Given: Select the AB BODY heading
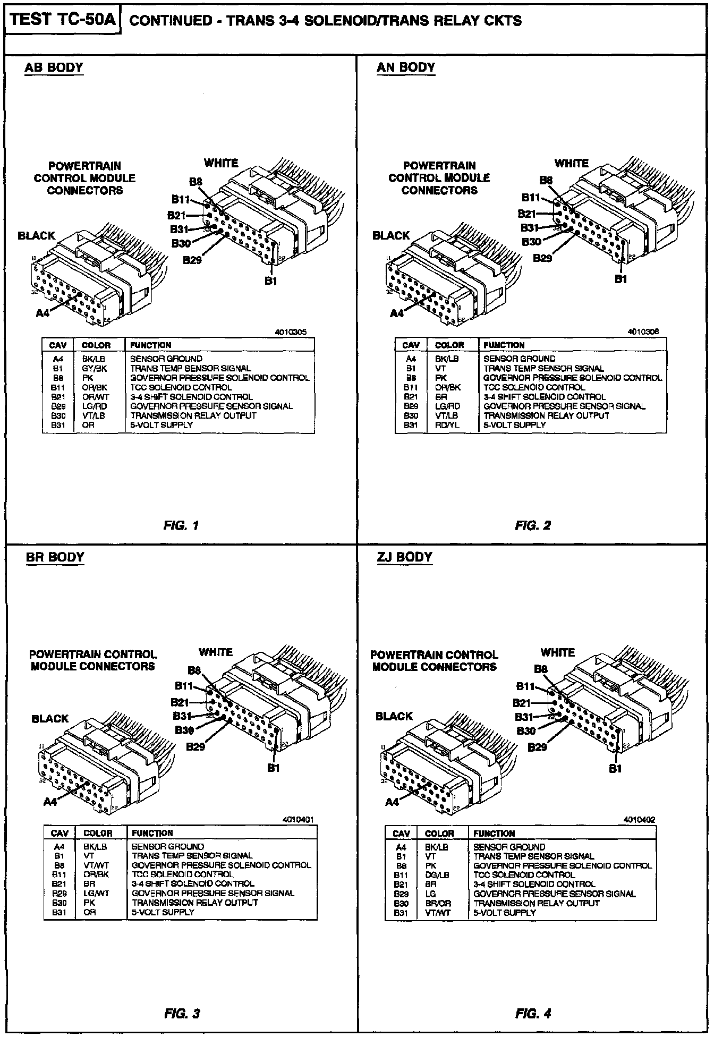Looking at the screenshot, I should coord(54,67).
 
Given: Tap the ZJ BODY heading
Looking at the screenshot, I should coord(405,557).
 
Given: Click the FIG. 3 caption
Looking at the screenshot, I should coord(182,1014).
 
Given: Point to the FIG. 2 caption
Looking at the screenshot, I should coord(533,525).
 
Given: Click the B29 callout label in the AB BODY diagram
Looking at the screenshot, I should coord(192,260).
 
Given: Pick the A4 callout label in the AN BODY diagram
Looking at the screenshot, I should coord(397,313).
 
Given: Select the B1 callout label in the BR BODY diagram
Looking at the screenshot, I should coord(274,768).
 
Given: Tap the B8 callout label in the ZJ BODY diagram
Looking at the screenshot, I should coord(540,669).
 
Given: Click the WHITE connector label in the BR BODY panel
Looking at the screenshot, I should coord(216,652).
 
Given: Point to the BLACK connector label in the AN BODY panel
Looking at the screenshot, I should coord(391,235).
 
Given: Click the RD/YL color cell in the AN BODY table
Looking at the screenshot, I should coord(446,425).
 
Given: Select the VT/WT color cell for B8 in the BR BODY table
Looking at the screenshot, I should coord(96,865).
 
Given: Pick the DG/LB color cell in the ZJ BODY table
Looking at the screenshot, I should coord(437,874).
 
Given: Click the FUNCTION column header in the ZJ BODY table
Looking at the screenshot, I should coord(494,834).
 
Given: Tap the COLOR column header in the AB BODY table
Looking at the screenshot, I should coord(96,345).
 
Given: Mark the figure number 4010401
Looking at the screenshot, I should coord(298,820).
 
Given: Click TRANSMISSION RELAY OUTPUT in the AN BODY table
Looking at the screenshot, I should coord(546,415).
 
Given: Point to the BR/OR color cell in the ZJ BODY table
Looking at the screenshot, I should coord(438,903).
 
